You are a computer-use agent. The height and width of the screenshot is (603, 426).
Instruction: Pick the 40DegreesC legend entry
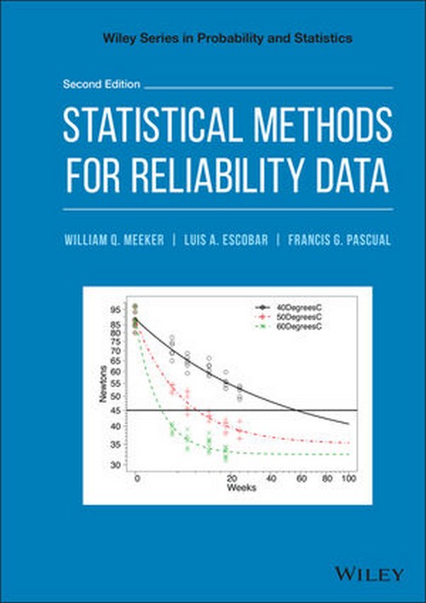293,305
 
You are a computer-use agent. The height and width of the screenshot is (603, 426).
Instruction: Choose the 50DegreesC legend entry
293,316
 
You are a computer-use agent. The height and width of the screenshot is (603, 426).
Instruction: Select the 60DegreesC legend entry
293,326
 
